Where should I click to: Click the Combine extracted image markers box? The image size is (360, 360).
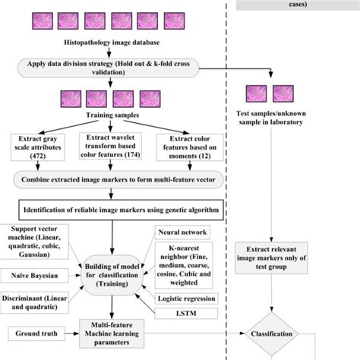(114, 180)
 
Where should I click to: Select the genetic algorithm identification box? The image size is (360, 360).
(114, 208)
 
